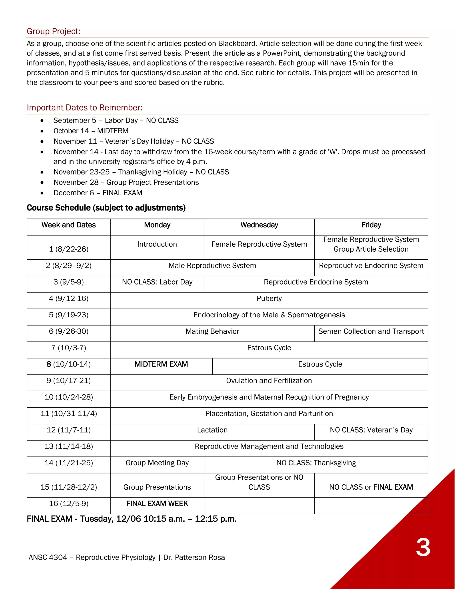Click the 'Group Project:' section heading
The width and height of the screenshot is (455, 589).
tap(53, 31)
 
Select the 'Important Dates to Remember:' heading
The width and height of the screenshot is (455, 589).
tap(84, 108)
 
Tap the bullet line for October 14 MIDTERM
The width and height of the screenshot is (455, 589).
tap(91, 131)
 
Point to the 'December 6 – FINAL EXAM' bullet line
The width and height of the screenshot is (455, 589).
tap(98, 193)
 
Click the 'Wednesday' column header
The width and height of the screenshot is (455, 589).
tap(259, 225)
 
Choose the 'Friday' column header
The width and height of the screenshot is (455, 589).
tap(371, 225)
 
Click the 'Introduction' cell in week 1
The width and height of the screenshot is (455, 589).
tap(157, 244)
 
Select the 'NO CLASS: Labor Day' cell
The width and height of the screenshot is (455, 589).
tap(157, 282)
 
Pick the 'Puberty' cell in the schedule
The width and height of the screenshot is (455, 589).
tap(269, 299)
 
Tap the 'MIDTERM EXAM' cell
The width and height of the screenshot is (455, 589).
tap(161, 364)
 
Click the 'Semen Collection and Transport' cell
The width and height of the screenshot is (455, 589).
tap(371, 331)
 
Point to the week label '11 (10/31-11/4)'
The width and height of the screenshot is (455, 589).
tap(68, 414)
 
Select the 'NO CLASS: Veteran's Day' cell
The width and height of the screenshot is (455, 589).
tap(371, 430)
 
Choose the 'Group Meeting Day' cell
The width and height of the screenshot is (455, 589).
tap(157, 463)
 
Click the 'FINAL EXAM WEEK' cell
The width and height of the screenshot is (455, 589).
tap(157, 504)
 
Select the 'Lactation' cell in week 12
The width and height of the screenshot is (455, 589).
tap(212, 430)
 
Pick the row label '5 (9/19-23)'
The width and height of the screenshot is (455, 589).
tap(68, 315)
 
